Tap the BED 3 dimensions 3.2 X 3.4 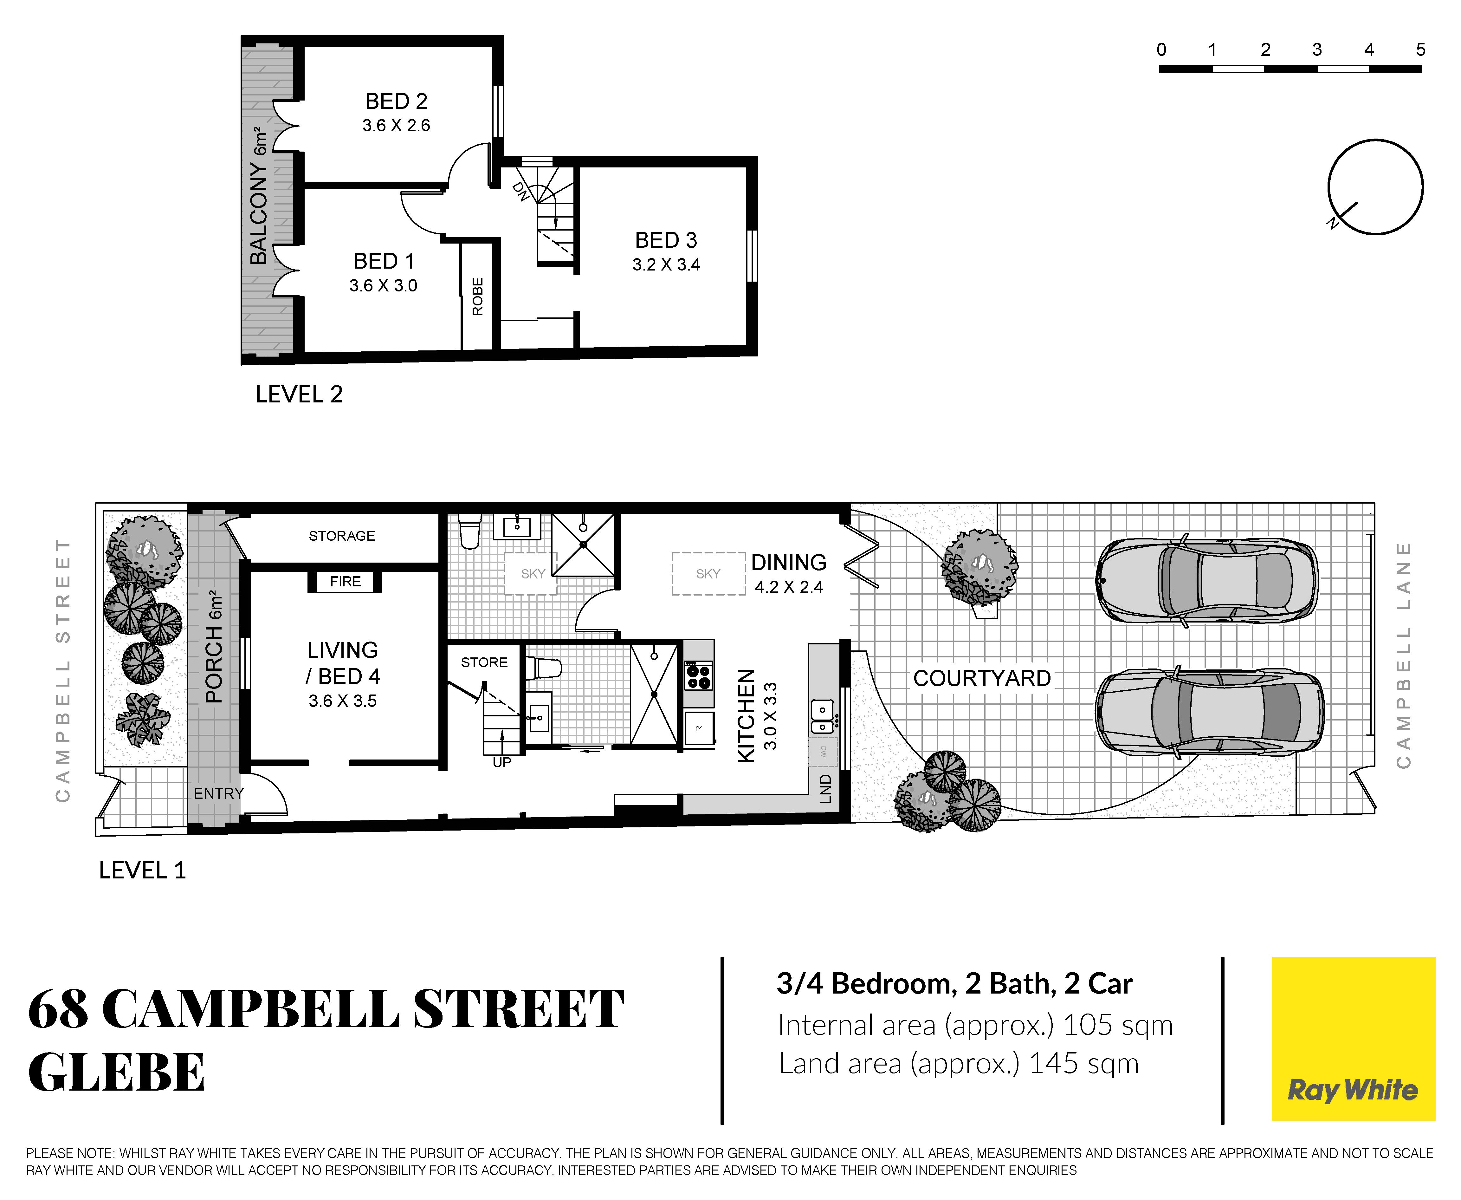coord(666,265)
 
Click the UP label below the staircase coord(502,762)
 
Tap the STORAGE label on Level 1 coord(342,536)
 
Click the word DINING coord(789,563)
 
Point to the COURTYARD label coord(982,679)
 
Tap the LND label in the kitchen coord(825,789)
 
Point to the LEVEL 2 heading coord(299,395)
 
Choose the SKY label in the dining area coord(708,574)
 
